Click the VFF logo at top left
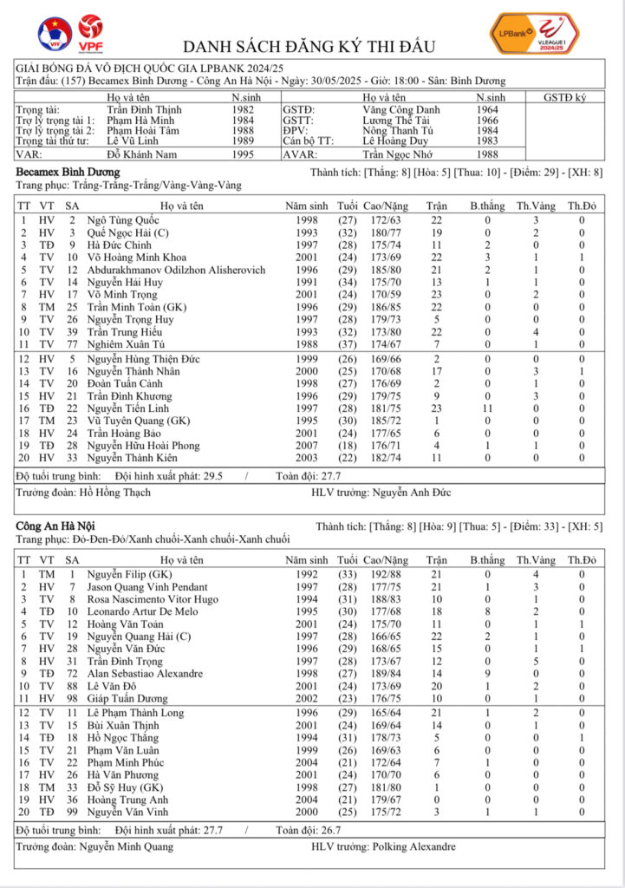pyautogui.click(x=55, y=34)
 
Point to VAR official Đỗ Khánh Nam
pyautogui.click(x=142, y=153)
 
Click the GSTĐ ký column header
pyautogui.click(x=563, y=98)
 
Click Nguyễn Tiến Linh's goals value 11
pyautogui.click(x=487, y=408)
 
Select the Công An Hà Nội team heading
pyautogui.click(x=55, y=526)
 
